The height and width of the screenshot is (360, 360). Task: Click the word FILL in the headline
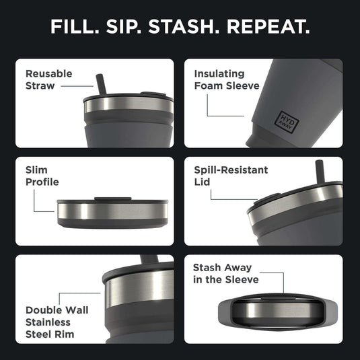pyautogui.click(x=77, y=28)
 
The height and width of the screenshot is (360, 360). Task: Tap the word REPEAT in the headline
pyautogui.click(x=268, y=28)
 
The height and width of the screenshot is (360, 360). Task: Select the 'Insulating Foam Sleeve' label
pyautogui.click(x=219, y=79)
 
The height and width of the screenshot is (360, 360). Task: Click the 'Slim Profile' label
pyautogui.click(x=42, y=176)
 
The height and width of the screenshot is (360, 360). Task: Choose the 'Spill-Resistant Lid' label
pyautogui.click(x=231, y=176)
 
